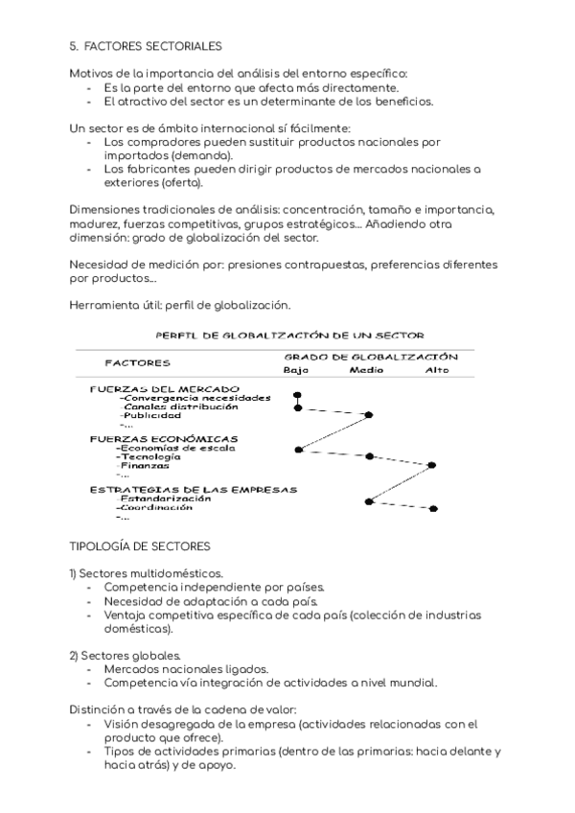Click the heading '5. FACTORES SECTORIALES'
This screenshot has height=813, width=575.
click(146, 45)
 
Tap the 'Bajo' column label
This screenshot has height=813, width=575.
click(296, 370)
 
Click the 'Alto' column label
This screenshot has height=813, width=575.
click(436, 370)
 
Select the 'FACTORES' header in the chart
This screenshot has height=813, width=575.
click(138, 363)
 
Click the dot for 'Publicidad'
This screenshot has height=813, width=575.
click(370, 415)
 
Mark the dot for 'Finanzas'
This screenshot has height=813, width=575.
click(433, 465)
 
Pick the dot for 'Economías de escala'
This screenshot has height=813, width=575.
click(299, 449)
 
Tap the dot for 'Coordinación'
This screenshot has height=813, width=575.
click(434, 508)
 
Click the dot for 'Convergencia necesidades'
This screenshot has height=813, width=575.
click(298, 395)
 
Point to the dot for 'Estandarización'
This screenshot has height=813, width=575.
click(368, 500)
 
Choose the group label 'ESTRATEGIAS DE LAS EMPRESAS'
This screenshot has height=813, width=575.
click(193, 489)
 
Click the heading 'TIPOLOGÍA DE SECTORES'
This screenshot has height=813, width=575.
click(140, 546)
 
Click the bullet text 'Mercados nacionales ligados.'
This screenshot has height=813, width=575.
click(186, 668)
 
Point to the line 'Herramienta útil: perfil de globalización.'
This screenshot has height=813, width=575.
click(179, 305)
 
